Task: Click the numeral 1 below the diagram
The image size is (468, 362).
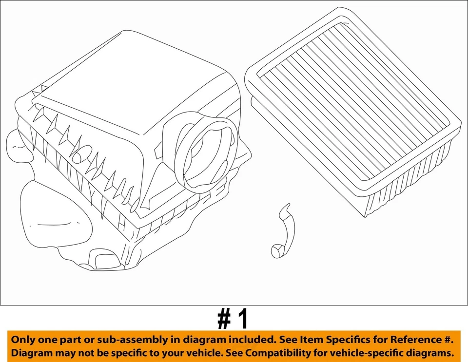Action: (243, 320)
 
